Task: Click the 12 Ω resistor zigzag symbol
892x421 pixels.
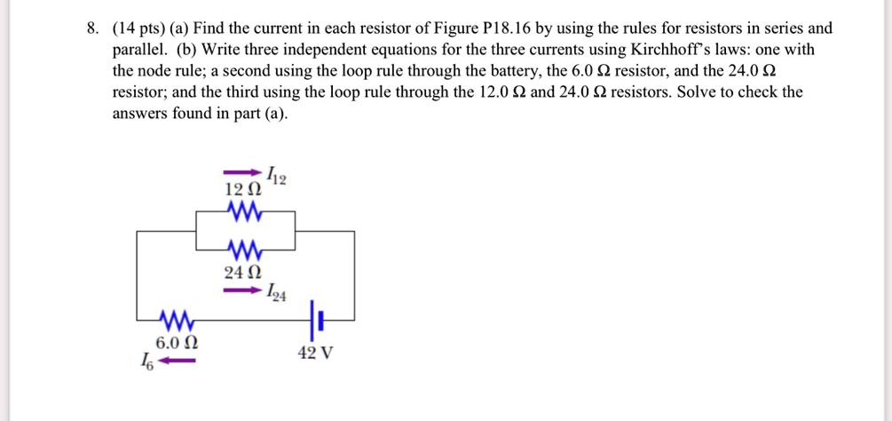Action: [244, 211]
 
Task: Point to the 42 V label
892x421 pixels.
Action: [316, 353]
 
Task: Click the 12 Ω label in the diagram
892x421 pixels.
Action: [243, 189]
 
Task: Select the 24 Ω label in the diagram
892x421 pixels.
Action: [243, 272]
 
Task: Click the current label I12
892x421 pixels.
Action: [276, 176]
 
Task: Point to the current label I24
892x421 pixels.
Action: [276, 293]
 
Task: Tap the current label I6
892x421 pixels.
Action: [145, 362]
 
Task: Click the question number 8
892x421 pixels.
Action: [91, 28]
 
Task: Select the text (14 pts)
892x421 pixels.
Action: [138, 28]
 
